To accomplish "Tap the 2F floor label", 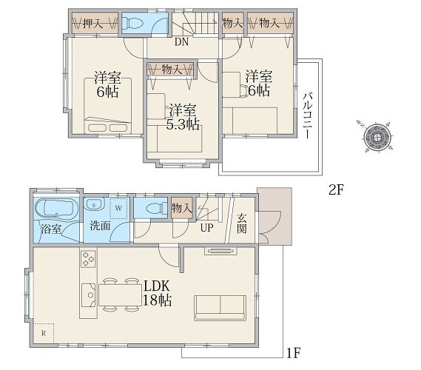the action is (x=336, y=190).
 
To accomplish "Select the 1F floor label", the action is (x=293, y=353).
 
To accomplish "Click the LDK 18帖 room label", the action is (x=157, y=293).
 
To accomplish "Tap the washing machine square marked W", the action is (x=119, y=208).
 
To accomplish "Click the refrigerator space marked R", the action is (x=44, y=333).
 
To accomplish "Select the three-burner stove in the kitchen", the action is (x=88, y=259).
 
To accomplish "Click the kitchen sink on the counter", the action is (x=89, y=295).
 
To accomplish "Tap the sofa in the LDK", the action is (x=220, y=308).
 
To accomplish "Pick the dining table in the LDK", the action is (x=120, y=295).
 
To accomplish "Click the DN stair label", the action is (x=181, y=42).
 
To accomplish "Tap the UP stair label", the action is (x=206, y=228).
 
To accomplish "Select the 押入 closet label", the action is (x=93, y=24).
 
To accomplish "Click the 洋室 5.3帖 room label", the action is (x=183, y=117).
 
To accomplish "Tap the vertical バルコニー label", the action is (x=308, y=115).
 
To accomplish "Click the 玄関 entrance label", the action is (x=242, y=223).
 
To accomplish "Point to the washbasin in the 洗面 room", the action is (x=94, y=204).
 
